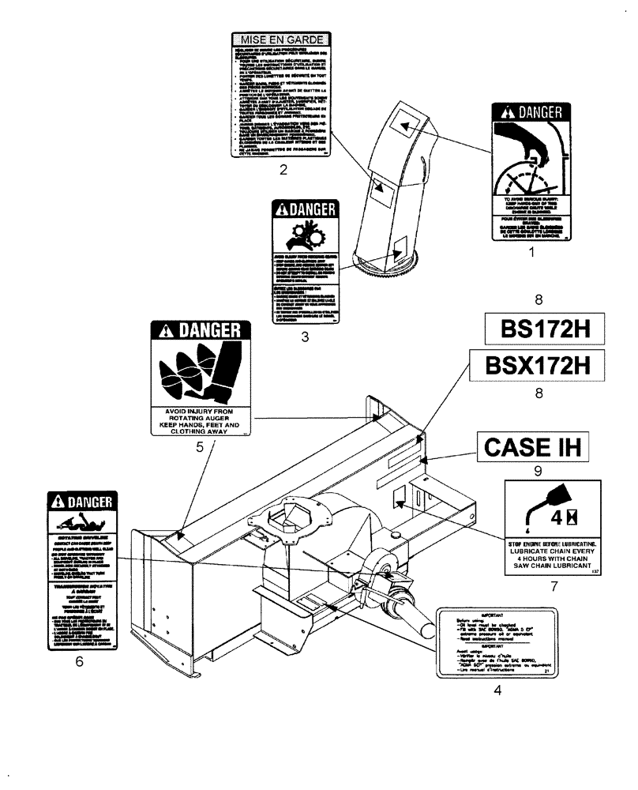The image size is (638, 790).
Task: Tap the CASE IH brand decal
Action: pos(532,448)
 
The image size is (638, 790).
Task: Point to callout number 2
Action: pos(282,169)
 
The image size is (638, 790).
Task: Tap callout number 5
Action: pos(200,447)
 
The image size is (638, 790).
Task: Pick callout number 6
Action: pos(79,662)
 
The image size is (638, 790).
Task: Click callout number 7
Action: pos(554,586)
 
